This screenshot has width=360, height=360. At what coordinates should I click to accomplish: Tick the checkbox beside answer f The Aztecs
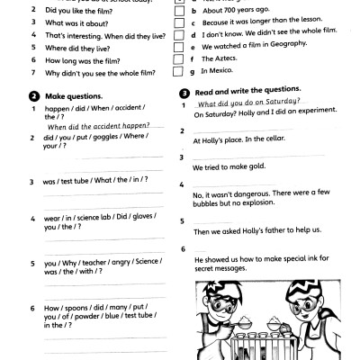click(x=183, y=58)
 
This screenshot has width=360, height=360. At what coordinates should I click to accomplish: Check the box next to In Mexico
click(x=183, y=71)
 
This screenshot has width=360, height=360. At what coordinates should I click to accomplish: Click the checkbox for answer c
click(x=183, y=19)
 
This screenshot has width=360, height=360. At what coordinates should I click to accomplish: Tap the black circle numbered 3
click(x=184, y=91)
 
